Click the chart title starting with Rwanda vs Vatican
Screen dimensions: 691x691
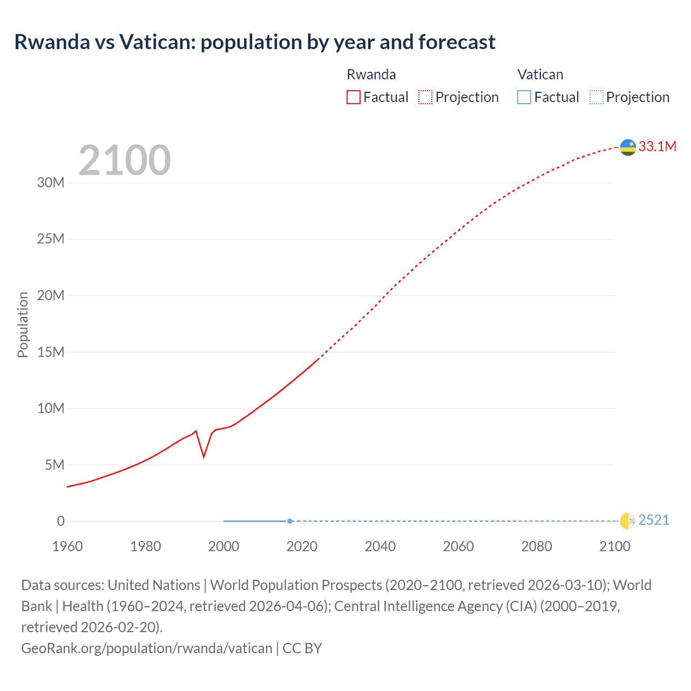[255, 42]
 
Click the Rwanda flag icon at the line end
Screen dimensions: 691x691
[628, 147]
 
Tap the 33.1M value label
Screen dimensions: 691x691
[657, 147]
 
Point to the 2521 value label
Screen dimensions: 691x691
[653, 520]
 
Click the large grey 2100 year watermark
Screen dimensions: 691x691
[125, 160]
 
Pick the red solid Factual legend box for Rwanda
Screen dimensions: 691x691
[354, 97]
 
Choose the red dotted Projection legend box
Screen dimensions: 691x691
[425, 97]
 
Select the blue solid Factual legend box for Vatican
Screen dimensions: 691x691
[524, 97]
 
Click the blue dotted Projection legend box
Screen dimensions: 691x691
[596, 97]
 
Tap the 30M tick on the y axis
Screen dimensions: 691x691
[51, 182]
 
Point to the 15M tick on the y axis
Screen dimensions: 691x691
[51, 352]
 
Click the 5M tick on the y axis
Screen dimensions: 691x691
[55, 465]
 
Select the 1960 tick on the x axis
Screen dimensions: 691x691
[67, 546]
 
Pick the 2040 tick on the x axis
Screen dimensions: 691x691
[380, 546]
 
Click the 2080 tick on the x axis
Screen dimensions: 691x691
[537, 546]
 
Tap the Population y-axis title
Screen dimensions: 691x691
[23, 324]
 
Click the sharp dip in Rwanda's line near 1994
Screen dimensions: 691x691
[204, 456]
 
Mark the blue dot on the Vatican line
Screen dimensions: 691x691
[290, 521]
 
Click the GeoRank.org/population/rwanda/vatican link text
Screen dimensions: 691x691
[147, 648]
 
